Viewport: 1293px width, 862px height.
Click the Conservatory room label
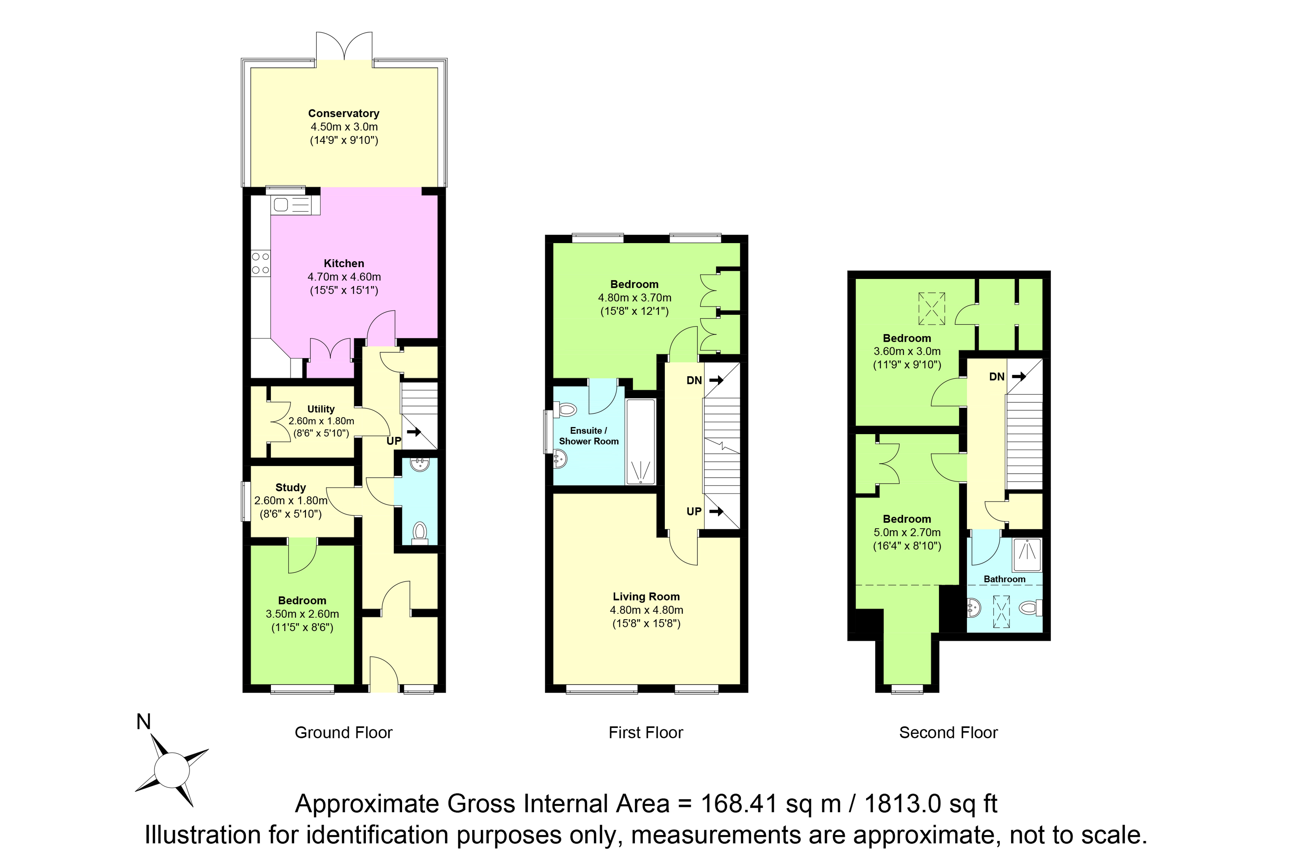pyautogui.click(x=344, y=113)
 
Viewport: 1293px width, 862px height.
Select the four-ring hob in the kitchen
pyautogui.click(x=261, y=263)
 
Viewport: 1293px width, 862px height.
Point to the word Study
pyautogui.click(x=290, y=488)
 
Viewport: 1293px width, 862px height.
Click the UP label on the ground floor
pyautogui.click(x=394, y=441)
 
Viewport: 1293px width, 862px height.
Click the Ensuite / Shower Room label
pyautogui.click(x=589, y=436)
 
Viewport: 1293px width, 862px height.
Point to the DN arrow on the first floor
pyautogui.click(x=716, y=380)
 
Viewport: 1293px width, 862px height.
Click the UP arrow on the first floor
pyautogui.click(x=716, y=511)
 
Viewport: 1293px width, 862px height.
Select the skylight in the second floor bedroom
pyautogui.click(x=932, y=309)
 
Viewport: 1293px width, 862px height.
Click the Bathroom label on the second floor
pyautogui.click(x=1004, y=579)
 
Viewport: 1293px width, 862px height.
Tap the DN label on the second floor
pyautogui.click(x=997, y=377)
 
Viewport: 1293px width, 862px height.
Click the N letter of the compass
pyautogui.click(x=143, y=722)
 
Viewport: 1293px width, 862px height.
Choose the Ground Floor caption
pyautogui.click(x=344, y=733)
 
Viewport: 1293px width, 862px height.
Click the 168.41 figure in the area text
pyautogui.click(x=739, y=804)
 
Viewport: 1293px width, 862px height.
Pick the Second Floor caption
pyautogui.click(x=948, y=733)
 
